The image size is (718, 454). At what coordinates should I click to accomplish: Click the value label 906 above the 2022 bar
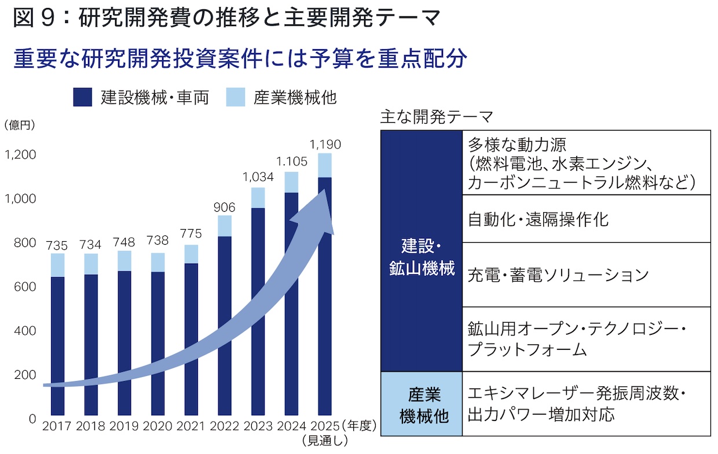[225, 207]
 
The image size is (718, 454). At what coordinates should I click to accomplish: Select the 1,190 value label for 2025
[325, 145]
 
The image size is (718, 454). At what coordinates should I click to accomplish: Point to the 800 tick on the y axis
[24, 243]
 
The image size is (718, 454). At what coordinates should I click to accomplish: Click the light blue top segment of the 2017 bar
[57, 265]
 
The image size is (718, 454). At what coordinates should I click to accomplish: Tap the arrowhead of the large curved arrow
[316, 211]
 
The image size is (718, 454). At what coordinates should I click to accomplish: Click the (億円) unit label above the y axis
[20, 125]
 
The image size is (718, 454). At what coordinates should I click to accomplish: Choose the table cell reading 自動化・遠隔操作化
[586, 219]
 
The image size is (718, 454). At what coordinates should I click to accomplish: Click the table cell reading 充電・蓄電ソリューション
[586, 275]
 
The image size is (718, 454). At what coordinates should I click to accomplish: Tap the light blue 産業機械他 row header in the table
[422, 404]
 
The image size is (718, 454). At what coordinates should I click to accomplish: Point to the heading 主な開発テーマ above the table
[436, 117]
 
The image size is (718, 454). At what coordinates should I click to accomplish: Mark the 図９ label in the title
[35, 20]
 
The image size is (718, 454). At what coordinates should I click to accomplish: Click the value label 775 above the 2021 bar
[191, 234]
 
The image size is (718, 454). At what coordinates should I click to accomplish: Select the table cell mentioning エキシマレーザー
[586, 404]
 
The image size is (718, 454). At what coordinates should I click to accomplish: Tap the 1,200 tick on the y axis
[20, 155]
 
